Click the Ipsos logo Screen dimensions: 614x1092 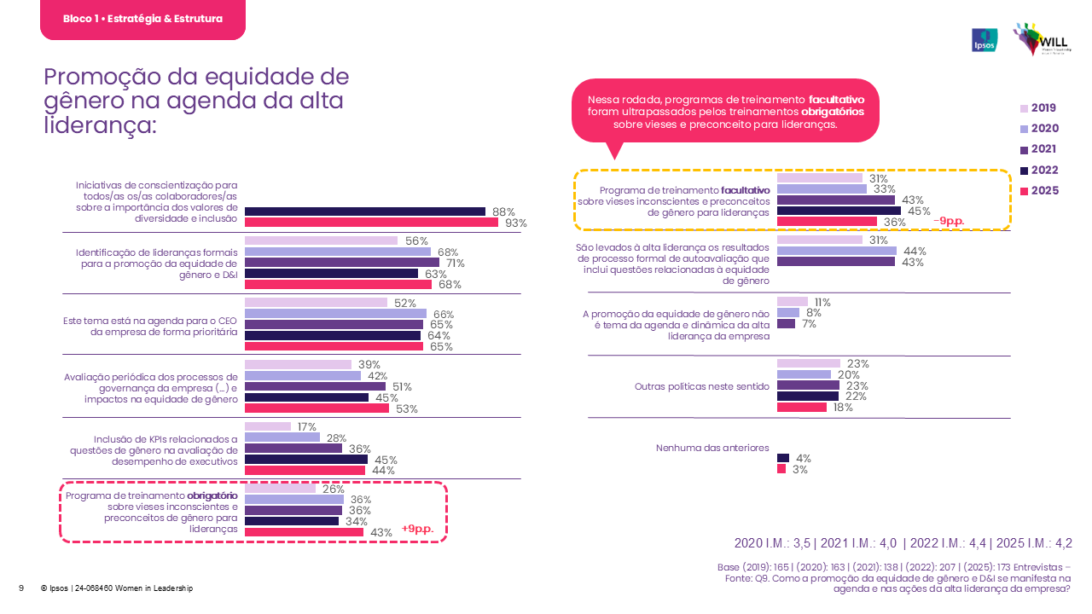(x=985, y=40)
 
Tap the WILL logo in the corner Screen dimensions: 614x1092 (x=1037, y=40)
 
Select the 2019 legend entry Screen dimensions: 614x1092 (x=1037, y=108)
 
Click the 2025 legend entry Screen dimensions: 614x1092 (x=1037, y=191)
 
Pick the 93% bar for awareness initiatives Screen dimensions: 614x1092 (x=371, y=223)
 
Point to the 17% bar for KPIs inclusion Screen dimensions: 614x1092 (x=268, y=427)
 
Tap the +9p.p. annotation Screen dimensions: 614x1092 (x=417, y=530)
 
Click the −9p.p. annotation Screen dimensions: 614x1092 (x=949, y=221)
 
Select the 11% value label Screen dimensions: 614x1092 (x=822, y=302)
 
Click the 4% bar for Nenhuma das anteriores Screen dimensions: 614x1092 (x=782, y=459)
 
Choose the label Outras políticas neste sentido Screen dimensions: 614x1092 (x=702, y=386)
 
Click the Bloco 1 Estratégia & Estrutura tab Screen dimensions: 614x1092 (x=142, y=19)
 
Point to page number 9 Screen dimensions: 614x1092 (x=21, y=588)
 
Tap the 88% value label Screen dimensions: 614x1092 (x=503, y=212)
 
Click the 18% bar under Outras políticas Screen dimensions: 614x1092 (x=802, y=407)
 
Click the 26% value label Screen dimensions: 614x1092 (x=333, y=489)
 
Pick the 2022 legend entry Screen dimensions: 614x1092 (x=1037, y=170)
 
